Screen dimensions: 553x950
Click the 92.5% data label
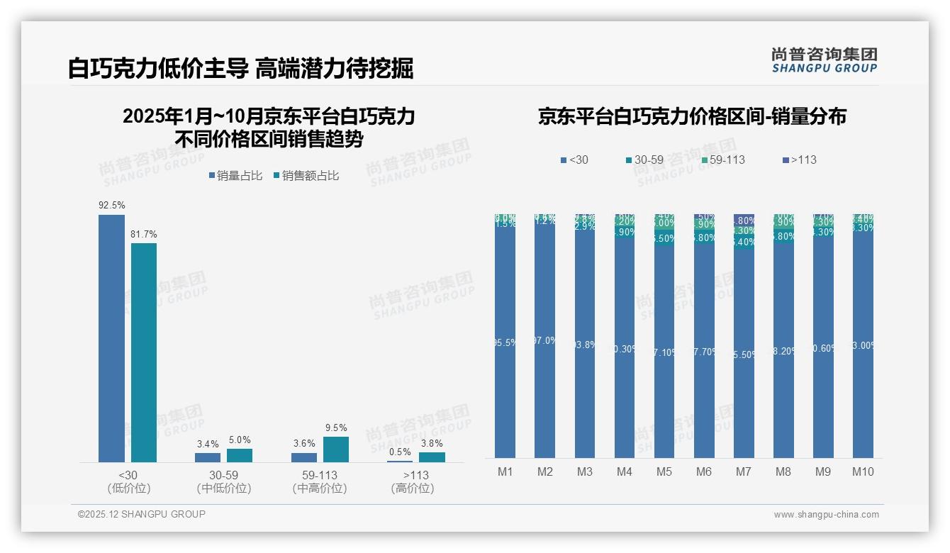(112, 206)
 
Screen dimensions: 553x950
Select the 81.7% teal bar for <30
(144, 352)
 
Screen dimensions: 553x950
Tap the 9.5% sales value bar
(336, 449)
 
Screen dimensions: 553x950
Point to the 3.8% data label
(432, 444)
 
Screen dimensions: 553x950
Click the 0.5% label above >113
(400, 452)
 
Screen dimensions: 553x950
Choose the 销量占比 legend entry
(236, 176)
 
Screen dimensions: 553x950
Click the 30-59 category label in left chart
(223, 475)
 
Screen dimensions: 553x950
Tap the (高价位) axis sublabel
(413, 488)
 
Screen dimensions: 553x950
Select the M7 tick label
(744, 471)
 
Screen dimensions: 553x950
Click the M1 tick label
(505, 471)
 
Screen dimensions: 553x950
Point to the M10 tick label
(863, 471)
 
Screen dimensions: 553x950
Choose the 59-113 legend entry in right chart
(722, 160)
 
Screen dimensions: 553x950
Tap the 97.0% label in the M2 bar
(544, 341)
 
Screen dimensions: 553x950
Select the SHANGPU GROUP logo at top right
(824, 60)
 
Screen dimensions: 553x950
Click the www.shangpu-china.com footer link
(826, 515)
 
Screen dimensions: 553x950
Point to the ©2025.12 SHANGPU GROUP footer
(142, 515)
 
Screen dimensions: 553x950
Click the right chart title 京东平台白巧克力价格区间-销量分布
(692, 117)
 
